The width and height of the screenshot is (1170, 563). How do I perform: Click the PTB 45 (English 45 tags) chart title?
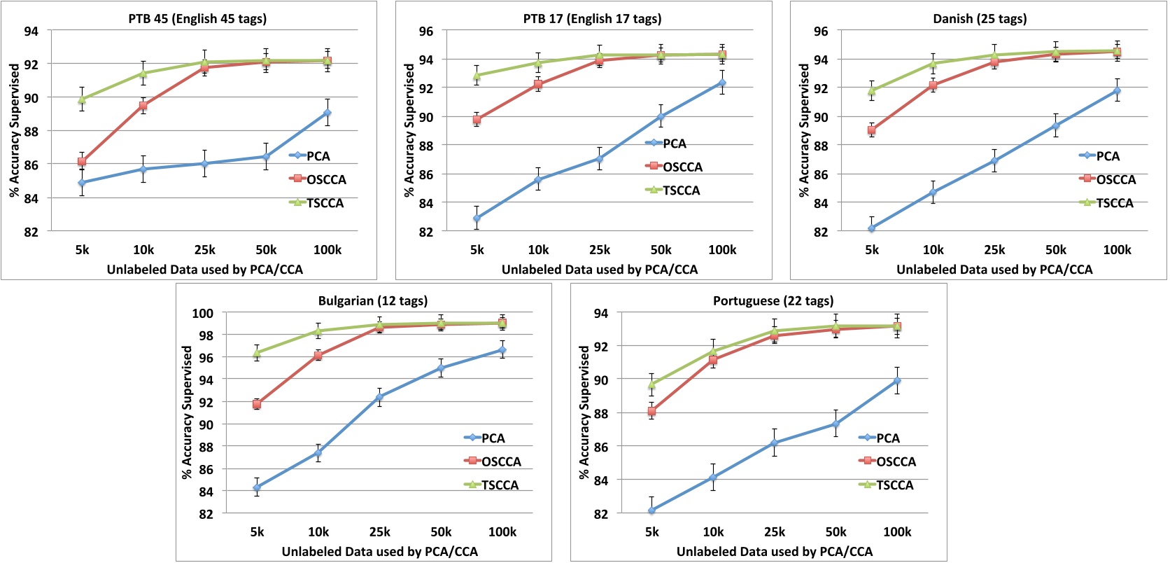(x=197, y=19)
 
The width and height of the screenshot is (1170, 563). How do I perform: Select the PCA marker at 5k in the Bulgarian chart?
(x=257, y=487)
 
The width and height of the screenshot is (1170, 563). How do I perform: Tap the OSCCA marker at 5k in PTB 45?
(x=82, y=162)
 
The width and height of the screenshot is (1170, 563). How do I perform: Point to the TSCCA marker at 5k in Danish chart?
(x=871, y=91)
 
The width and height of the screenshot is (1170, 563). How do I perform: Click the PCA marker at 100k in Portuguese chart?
(x=897, y=381)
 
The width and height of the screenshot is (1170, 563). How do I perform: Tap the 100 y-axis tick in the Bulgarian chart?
(x=203, y=313)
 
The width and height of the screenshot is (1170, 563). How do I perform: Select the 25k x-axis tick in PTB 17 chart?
(x=600, y=250)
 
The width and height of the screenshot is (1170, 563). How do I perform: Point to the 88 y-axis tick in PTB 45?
(x=31, y=131)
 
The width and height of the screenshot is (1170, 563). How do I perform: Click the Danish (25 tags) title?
(x=980, y=19)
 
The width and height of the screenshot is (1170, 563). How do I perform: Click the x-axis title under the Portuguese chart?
(x=774, y=552)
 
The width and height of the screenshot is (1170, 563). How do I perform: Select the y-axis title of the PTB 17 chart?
(x=410, y=130)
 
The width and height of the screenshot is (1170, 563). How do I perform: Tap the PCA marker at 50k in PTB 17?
(x=661, y=117)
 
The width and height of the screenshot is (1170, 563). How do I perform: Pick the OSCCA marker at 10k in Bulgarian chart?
(x=318, y=356)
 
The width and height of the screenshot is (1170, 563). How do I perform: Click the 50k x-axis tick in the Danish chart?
(x=1055, y=250)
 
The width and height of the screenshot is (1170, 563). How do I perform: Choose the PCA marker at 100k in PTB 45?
(x=327, y=113)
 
